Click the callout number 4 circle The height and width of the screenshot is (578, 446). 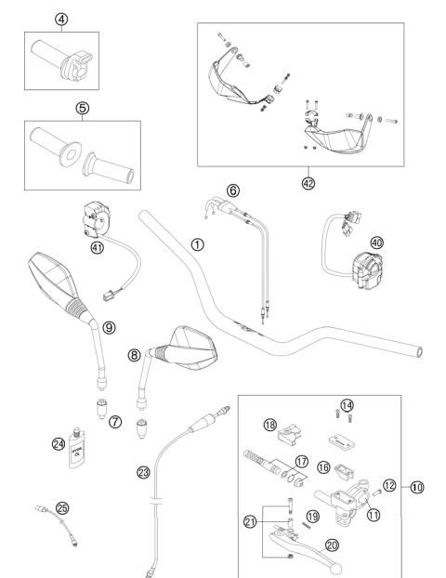[x=61, y=19]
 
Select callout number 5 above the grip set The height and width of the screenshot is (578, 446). [x=82, y=107]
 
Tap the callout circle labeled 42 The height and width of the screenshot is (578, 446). [x=308, y=183]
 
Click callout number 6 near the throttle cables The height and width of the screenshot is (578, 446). [x=232, y=190]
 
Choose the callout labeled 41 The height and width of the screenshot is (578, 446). [x=97, y=247]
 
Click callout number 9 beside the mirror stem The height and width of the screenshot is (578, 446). [x=110, y=327]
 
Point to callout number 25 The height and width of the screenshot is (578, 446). [x=37, y=508]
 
